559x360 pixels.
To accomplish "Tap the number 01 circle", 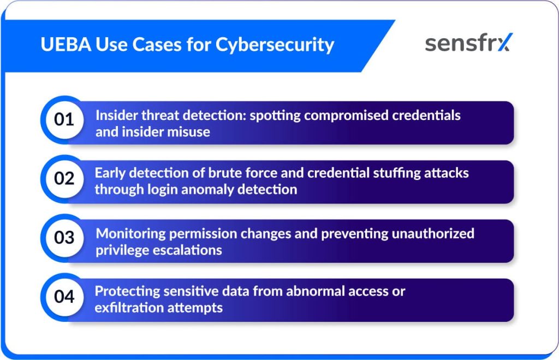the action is pyautogui.click(x=64, y=119).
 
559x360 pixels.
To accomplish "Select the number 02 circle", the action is pyautogui.click(x=64, y=179).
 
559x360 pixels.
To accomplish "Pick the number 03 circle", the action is pyautogui.click(x=64, y=238).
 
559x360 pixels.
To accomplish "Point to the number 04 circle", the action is pyautogui.click(x=64, y=297).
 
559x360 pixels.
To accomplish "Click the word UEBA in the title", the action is pyautogui.click(x=66, y=45).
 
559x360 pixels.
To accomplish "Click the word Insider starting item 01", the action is pyautogui.click(x=116, y=116).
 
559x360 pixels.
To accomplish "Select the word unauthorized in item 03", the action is pyautogui.click(x=433, y=233).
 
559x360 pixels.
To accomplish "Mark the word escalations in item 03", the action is pyautogui.click(x=187, y=250).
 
